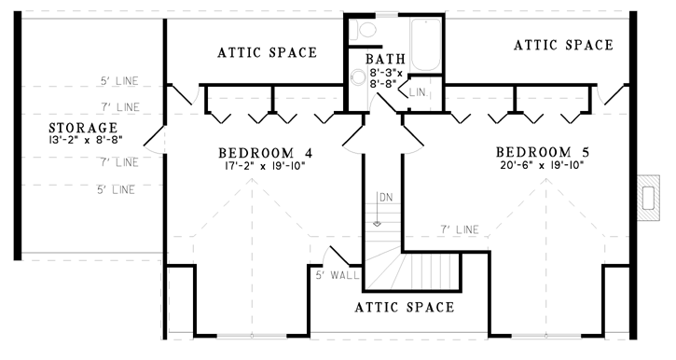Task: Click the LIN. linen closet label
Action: point(417,92)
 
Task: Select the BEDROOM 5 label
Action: point(544,152)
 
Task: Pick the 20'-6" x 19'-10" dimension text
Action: point(544,166)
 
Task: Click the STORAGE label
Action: point(84,127)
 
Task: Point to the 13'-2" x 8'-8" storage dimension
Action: point(84,141)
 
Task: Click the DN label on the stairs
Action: point(384,198)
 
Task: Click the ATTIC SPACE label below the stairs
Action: point(406,307)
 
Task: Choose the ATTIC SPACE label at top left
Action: point(267,52)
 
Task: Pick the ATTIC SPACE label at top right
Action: point(563,44)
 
